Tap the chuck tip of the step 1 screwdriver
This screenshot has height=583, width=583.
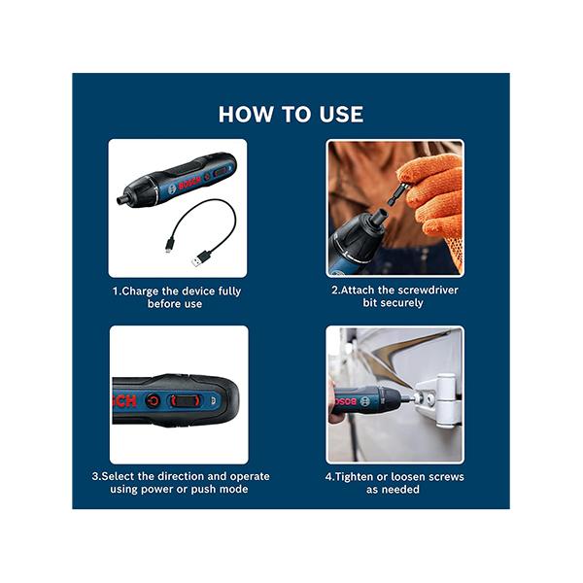coord(121,200)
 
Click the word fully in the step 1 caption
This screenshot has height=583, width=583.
coord(224,291)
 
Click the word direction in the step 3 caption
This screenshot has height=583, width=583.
coord(194,476)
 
